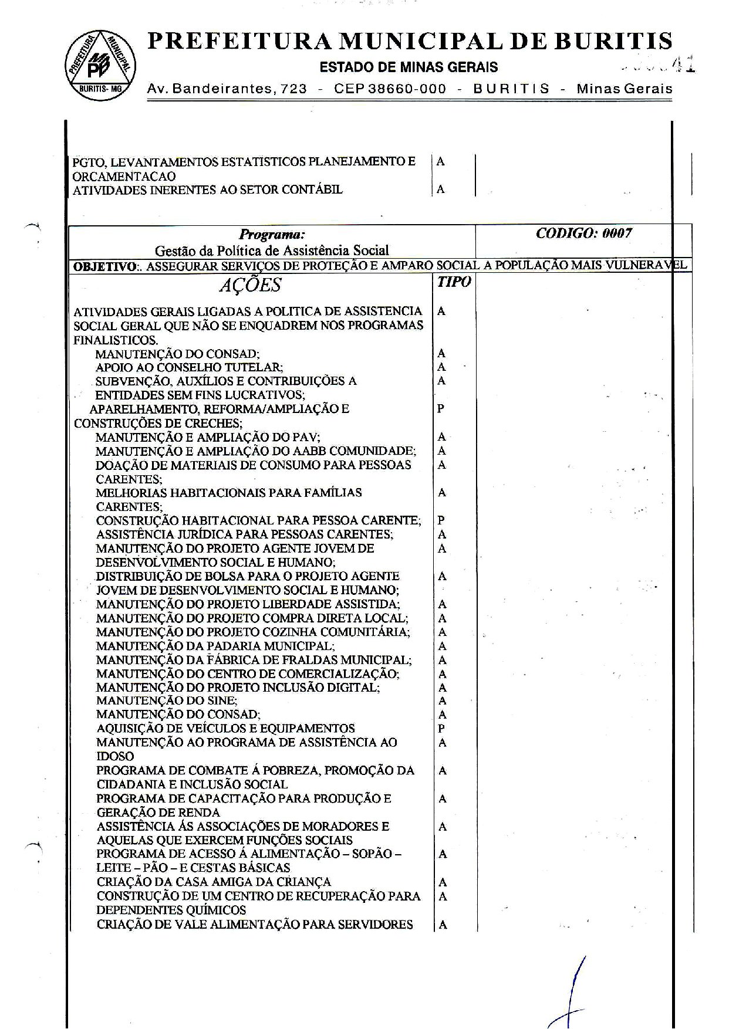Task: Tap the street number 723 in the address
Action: pyautogui.click(x=293, y=89)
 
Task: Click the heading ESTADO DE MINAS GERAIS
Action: pyautogui.click(x=409, y=67)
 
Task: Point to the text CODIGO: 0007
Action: pyautogui.click(x=583, y=233)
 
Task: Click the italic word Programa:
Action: pyautogui.click(x=272, y=235)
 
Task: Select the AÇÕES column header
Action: pyautogui.click(x=250, y=286)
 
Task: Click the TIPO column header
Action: pyautogui.click(x=454, y=282)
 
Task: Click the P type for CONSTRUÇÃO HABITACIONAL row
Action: pyautogui.click(x=441, y=520)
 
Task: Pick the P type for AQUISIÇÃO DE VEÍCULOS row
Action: pyautogui.click(x=441, y=729)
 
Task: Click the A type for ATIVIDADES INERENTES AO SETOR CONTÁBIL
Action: pyautogui.click(x=440, y=189)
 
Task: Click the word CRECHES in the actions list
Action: pyautogui.click(x=212, y=423)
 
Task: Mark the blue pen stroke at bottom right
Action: pyautogui.click(x=573, y=991)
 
